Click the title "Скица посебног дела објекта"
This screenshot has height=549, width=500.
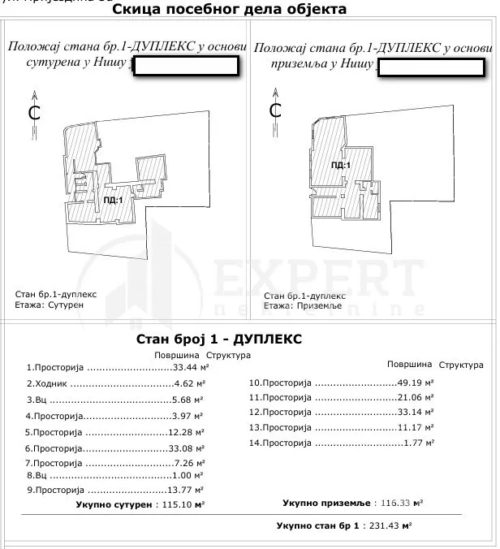click(x=228, y=10)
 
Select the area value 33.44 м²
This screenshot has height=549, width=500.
click(x=186, y=366)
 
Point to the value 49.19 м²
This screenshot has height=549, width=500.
click(x=415, y=382)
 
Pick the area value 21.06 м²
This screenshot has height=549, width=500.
click(x=415, y=397)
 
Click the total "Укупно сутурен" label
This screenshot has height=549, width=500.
click(x=114, y=504)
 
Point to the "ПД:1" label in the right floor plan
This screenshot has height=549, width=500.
click(x=341, y=166)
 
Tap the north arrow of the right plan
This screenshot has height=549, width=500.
click(x=275, y=108)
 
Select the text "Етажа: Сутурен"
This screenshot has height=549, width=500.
click(x=50, y=306)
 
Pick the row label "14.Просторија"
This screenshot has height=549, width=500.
click(x=280, y=443)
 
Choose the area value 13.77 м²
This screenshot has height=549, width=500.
click(x=186, y=491)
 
